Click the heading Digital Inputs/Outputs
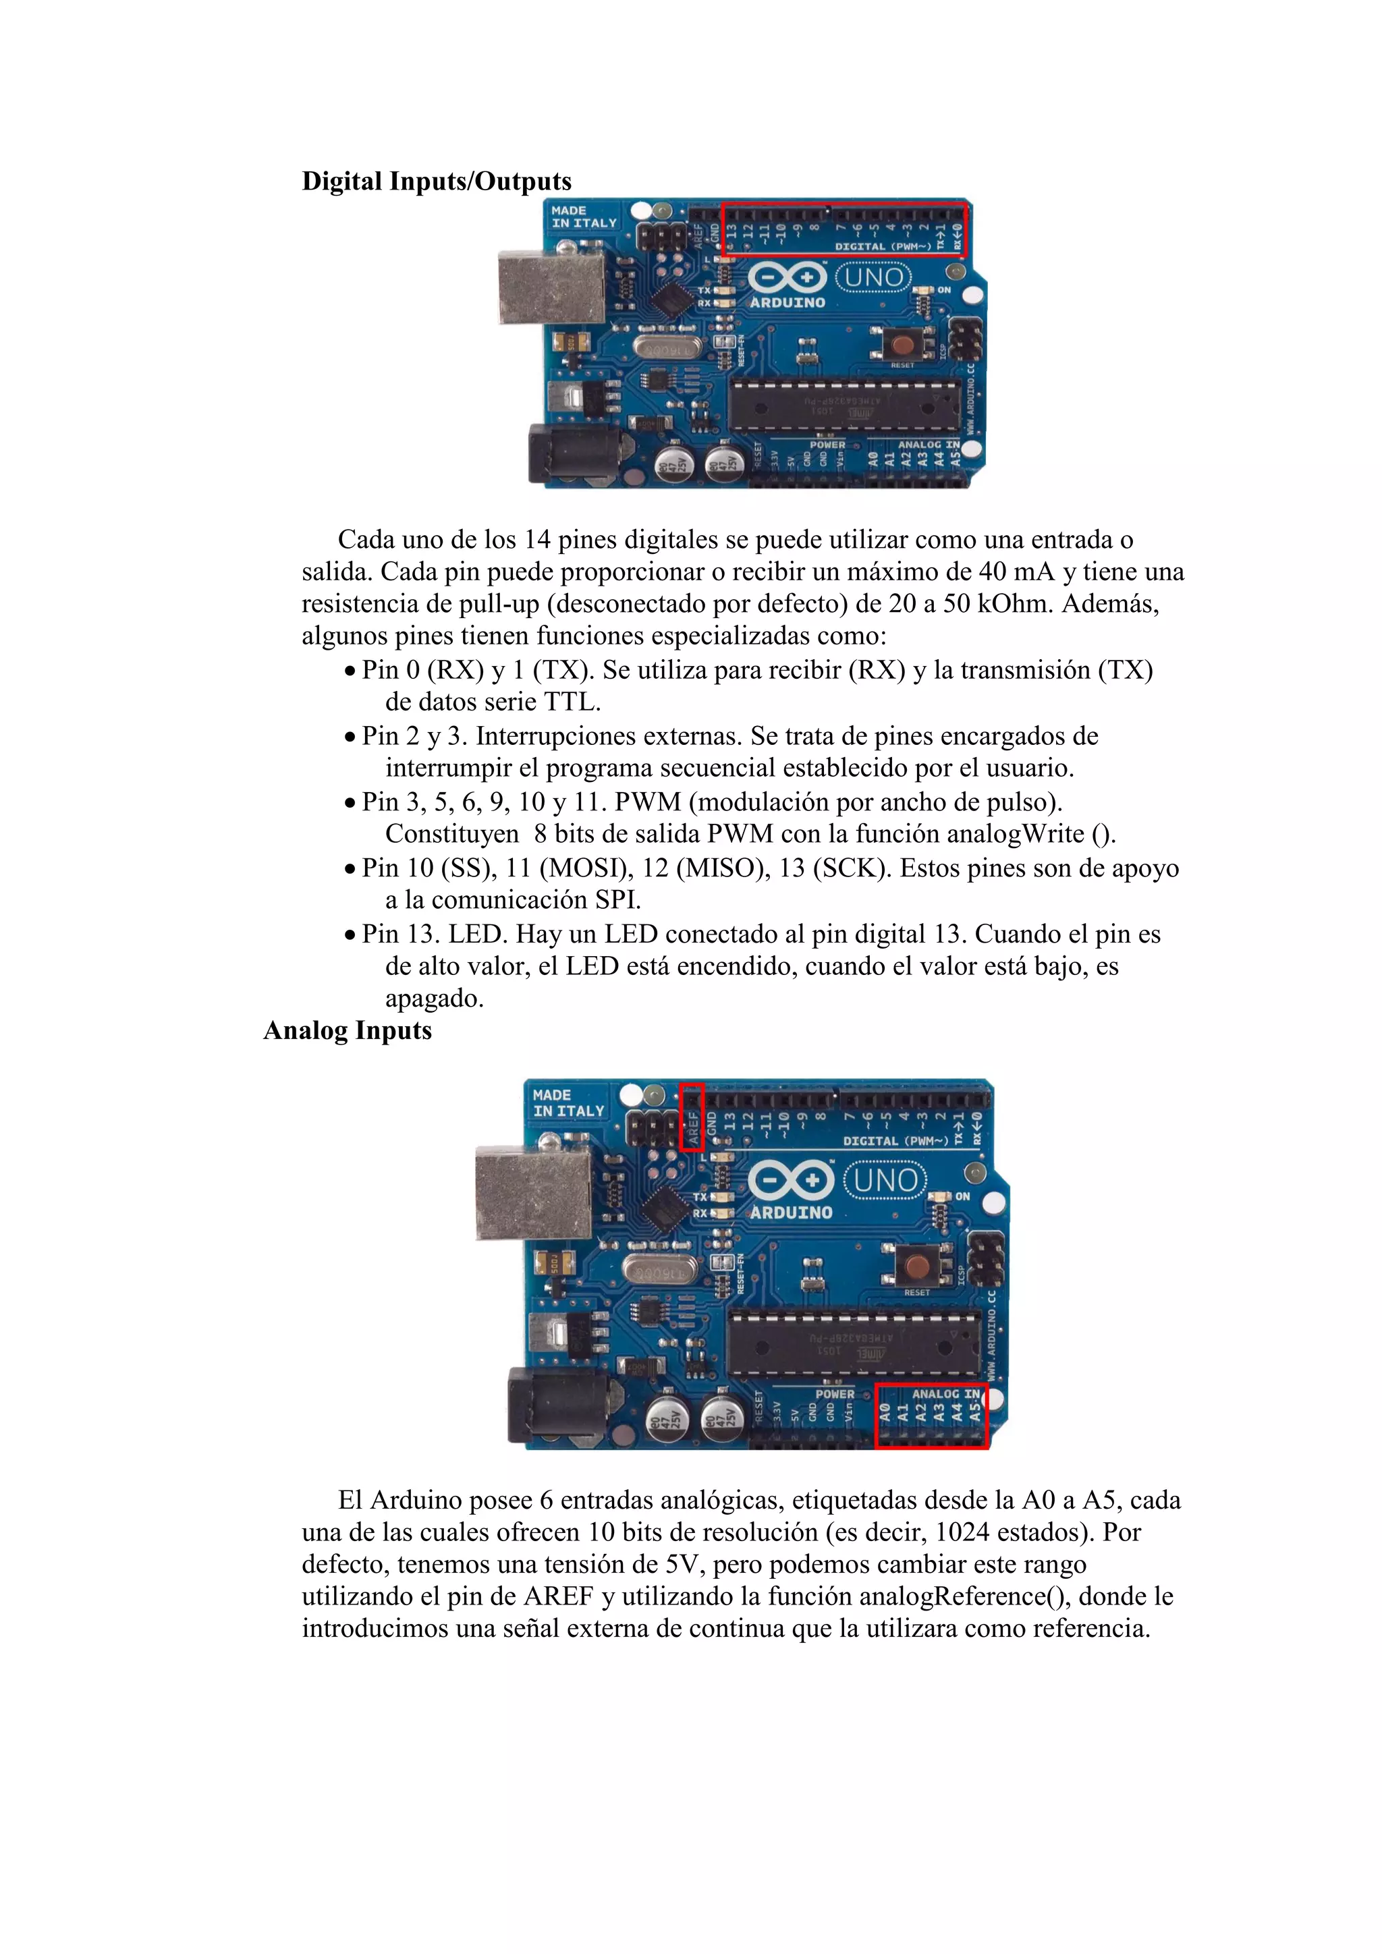[x=437, y=182]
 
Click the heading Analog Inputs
[x=348, y=1030]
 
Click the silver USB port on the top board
[x=551, y=287]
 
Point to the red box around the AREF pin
[x=692, y=1117]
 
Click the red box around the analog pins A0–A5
[x=932, y=1416]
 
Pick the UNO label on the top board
[x=874, y=277]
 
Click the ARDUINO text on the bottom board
[x=791, y=1212]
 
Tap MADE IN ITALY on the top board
[x=584, y=216]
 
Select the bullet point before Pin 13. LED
[x=350, y=935]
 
